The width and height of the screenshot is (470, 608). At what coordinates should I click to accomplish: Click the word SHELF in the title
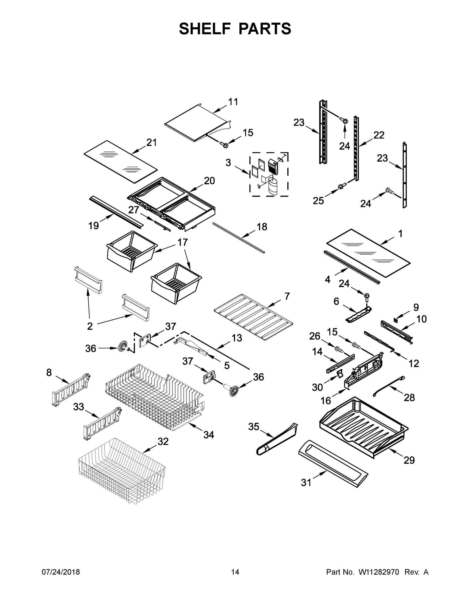click(x=205, y=29)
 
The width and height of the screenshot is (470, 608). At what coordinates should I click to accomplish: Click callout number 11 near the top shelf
click(x=233, y=102)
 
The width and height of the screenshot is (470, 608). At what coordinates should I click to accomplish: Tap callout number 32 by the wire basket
click(x=163, y=441)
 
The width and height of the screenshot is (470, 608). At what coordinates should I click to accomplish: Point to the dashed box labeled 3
click(x=269, y=175)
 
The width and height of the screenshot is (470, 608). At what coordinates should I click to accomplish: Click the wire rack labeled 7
click(x=253, y=317)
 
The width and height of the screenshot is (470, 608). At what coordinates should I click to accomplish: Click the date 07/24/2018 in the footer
click(x=61, y=572)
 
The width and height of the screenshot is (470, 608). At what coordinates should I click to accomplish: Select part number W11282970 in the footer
click(x=379, y=572)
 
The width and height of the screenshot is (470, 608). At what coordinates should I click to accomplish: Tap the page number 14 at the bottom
click(x=235, y=572)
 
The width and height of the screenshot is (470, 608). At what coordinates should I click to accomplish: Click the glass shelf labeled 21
click(x=121, y=161)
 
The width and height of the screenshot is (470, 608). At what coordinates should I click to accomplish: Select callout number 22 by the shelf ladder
click(x=379, y=135)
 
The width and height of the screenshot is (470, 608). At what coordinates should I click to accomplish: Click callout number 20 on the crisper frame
click(x=209, y=181)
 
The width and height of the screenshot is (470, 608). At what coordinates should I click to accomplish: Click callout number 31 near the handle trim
click(x=306, y=482)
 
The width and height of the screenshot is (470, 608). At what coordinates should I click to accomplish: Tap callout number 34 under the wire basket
click(x=209, y=434)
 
